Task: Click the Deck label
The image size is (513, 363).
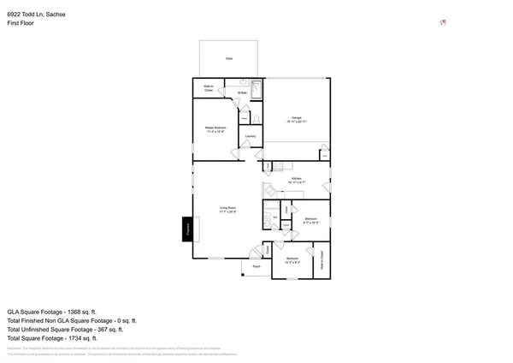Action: [229, 58]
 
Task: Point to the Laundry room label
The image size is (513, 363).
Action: [251, 136]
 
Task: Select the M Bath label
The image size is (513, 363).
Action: [242, 92]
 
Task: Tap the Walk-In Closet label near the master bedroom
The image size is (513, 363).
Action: [208, 87]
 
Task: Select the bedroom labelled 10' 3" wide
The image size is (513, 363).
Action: [292, 259]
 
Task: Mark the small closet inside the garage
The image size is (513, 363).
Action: [324, 154]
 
